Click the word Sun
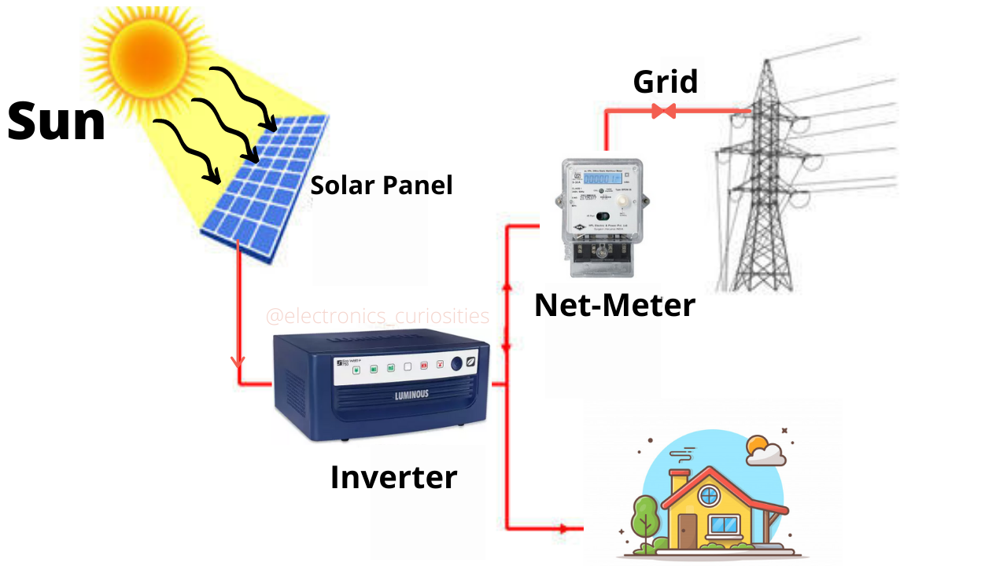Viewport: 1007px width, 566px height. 57,122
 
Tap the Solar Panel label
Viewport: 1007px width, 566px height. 382,186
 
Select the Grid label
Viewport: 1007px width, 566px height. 665,81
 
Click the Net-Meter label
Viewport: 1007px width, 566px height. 614,304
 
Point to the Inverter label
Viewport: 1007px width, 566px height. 393,477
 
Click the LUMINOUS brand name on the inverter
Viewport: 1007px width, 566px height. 411,395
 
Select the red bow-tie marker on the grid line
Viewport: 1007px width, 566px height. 664,112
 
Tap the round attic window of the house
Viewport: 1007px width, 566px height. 709,496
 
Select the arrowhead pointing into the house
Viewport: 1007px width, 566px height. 563,528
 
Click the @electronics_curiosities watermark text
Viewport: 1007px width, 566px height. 378,316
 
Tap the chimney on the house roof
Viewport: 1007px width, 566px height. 678,481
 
